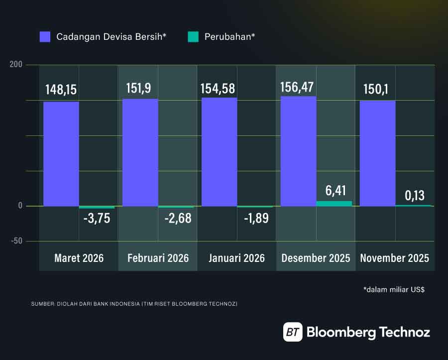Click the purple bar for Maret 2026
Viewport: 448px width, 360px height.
[x=61, y=154]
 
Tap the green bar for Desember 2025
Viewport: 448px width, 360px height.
[x=334, y=204]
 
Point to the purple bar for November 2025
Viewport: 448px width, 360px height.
[x=377, y=153]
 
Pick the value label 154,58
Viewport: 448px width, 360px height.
[x=219, y=89]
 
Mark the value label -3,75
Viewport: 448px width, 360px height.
[x=97, y=218]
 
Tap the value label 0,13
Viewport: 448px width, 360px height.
[x=414, y=195]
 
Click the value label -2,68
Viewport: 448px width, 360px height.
[x=176, y=218]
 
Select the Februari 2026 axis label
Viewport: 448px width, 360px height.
[x=158, y=258]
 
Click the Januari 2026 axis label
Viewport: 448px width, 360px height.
[x=237, y=258]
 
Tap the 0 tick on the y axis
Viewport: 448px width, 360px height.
[x=20, y=206]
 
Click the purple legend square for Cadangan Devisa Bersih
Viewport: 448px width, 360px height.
[x=45, y=36]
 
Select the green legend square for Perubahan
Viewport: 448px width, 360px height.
[x=193, y=36]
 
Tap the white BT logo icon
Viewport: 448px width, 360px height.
[x=293, y=332]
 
